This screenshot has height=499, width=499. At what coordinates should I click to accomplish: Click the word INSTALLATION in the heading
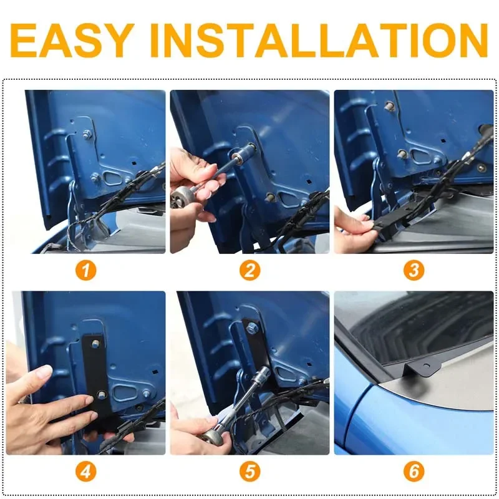tap(319, 40)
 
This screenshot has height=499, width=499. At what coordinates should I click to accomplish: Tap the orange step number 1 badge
tap(85, 271)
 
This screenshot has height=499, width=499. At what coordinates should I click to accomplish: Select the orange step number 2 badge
tap(250, 271)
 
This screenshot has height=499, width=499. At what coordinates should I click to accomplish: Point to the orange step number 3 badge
tap(414, 271)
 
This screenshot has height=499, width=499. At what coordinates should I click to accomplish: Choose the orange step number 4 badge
tap(85, 472)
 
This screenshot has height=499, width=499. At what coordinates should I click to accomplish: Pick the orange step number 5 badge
tap(250, 472)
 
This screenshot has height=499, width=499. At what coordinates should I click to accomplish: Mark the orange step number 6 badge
tap(414, 472)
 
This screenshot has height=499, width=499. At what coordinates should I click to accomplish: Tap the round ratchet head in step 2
tap(181, 196)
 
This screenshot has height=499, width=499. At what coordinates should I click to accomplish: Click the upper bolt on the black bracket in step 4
tap(95, 344)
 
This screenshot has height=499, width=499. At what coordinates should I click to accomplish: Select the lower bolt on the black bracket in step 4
tap(102, 394)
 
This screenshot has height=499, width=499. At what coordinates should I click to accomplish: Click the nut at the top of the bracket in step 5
tap(252, 327)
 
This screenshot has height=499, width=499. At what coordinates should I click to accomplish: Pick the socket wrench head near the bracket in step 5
tap(263, 373)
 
